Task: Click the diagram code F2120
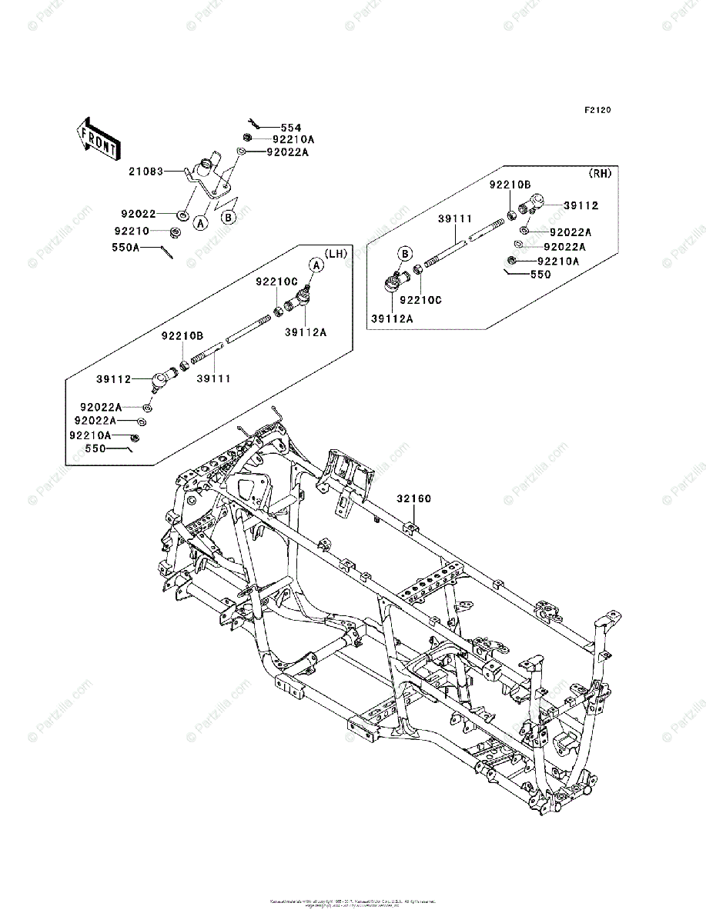[x=597, y=111]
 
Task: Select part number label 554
[x=291, y=128]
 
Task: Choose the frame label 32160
[x=414, y=498]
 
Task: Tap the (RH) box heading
[x=600, y=174]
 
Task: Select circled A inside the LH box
[x=316, y=265]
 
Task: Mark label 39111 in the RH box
[x=454, y=219]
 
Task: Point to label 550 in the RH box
[x=540, y=275]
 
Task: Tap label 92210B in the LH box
[x=182, y=335]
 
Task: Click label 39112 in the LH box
[x=113, y=379]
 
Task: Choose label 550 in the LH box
[x=95, y=448]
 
